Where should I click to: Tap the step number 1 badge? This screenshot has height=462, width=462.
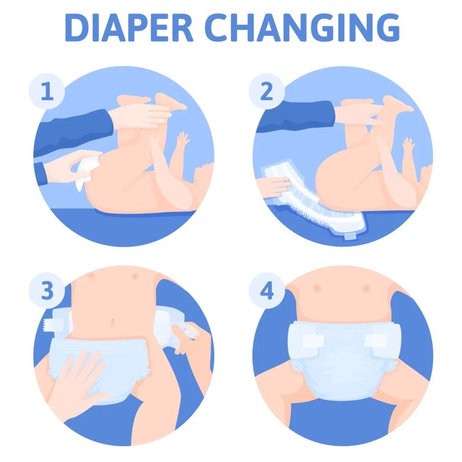(47, 92)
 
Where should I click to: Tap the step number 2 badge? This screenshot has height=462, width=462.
(267, 92)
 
